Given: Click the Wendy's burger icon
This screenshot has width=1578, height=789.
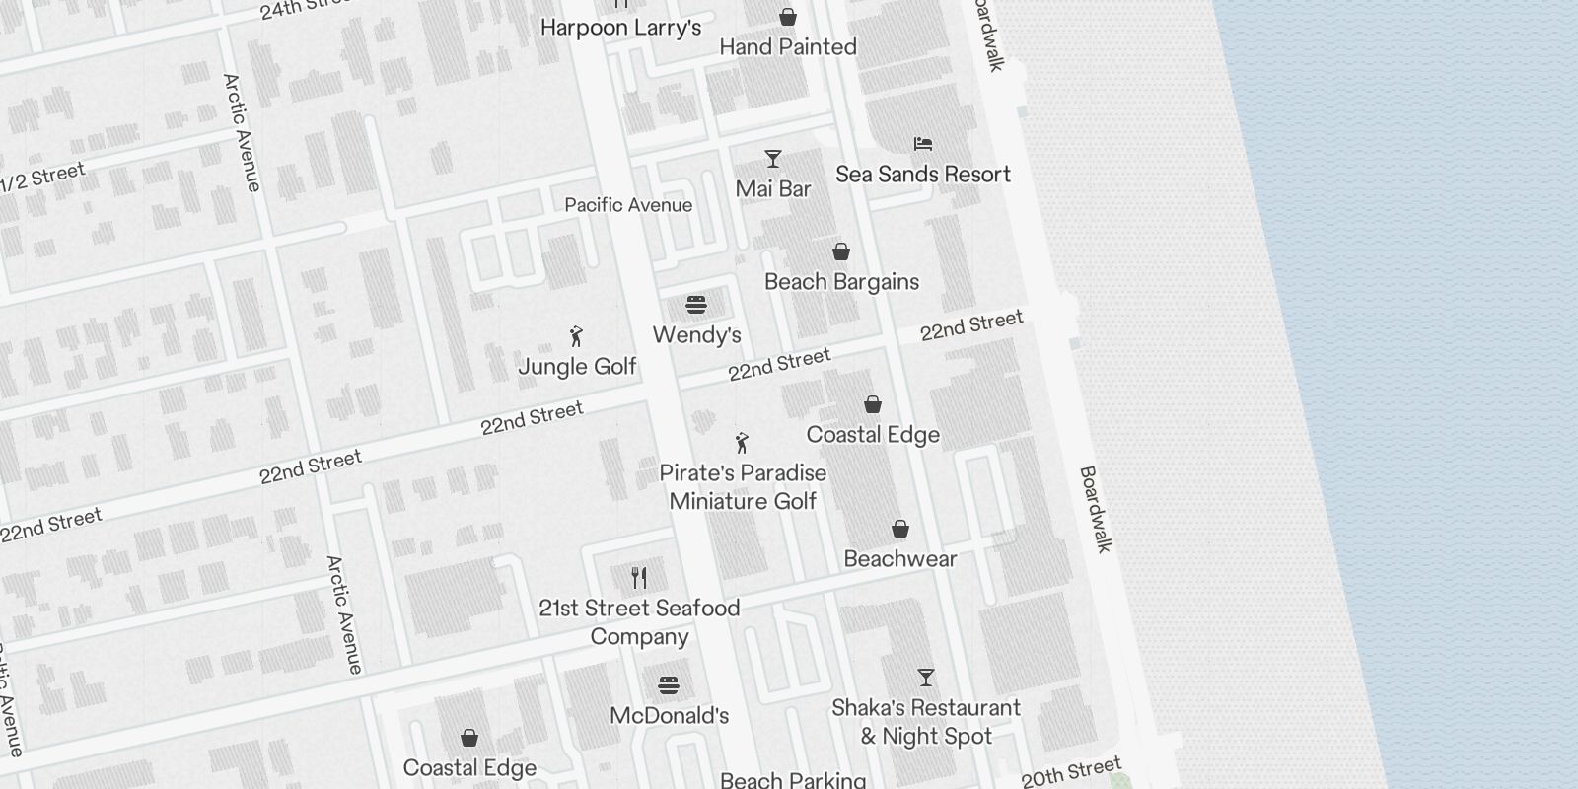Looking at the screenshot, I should tap(696, 305).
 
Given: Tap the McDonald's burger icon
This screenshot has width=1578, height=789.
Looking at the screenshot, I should tap(669, 685).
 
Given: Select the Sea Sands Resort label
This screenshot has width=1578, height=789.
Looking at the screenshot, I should tap(923, 175).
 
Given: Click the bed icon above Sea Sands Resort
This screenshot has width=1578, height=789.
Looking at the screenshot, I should tap(923, 144).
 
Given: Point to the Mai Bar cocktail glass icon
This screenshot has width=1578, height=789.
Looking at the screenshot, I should tap(773, 159).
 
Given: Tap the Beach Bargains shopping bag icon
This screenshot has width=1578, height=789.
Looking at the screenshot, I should tap(841, 252).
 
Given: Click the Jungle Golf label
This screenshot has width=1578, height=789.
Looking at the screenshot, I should tap(577, 367).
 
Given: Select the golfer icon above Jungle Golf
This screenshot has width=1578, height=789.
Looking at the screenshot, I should tap(577, 337).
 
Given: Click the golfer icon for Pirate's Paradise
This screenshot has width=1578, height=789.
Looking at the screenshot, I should tap(743, 443).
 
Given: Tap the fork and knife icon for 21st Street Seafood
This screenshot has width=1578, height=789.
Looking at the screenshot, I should tap(639, 578).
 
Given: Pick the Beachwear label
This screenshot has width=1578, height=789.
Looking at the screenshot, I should tap(899, 559).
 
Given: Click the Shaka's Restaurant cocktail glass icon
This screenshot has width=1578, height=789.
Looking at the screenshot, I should tap(925, 678).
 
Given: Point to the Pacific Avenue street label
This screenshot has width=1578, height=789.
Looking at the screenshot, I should tap(628, 205).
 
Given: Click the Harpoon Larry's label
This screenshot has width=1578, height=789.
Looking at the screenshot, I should tap(620, 28).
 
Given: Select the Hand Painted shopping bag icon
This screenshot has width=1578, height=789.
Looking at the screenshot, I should tap(788, 17).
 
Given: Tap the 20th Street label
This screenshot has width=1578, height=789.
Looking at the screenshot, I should tap(1071, 772).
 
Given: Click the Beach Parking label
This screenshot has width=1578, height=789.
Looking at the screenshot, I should tap(793, 780).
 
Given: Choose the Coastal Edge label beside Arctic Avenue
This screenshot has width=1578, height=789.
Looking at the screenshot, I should tap(469, 767).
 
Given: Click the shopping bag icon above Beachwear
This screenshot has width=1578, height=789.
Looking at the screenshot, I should tap(899, 530).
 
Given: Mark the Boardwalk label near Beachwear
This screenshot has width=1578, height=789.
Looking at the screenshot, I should tap(1095, 509).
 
